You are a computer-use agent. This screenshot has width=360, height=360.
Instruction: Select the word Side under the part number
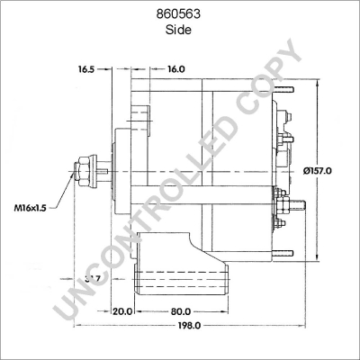coord(180,29)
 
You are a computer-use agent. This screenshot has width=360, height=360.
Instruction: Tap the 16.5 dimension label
coord(86,68)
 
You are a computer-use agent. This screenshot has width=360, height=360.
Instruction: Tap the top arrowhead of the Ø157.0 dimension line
coord(319,83)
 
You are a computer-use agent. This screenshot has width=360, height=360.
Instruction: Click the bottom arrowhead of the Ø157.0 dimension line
coord(319,257)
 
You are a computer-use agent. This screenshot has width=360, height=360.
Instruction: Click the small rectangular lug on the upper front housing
coord(139,112)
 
